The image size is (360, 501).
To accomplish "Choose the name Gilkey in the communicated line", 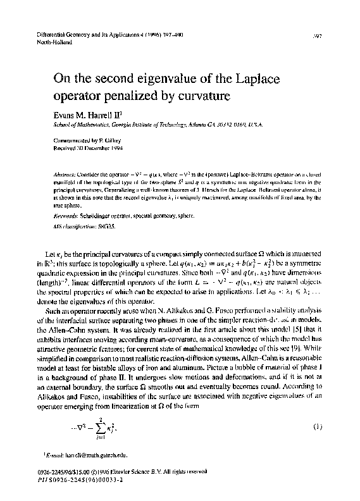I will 109,141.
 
